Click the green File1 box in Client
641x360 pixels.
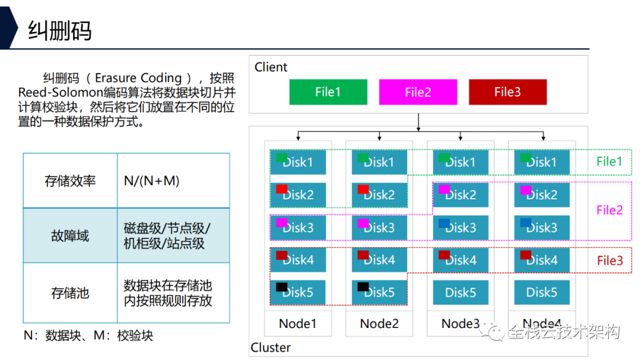coord(328,92)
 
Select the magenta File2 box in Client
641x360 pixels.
coord(418,92)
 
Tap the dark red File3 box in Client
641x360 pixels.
coord(507,92)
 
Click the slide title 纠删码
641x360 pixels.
coord(60,30)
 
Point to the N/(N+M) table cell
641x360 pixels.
coord(151,181)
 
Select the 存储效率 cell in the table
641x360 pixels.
coord(70,181)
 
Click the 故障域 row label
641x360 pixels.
coord(70,235)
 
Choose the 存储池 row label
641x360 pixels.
coord(70,292)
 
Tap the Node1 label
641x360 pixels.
coord(297,324)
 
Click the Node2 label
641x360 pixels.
coord(379,324)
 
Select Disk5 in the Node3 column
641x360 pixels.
coord(461,292)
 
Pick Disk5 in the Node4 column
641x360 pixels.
coord(541,292)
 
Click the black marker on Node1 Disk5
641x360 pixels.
coord(282,287)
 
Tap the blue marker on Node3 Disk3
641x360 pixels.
coord(444,223)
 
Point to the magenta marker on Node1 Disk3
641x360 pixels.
coord(282,223)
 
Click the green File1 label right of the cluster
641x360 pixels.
coord(610,161)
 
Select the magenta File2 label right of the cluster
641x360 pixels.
coord(610,210)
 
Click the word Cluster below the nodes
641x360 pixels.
coord(271,348)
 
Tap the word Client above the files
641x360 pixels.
coord(271,67)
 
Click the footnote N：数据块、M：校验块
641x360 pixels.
coord(88,336)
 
